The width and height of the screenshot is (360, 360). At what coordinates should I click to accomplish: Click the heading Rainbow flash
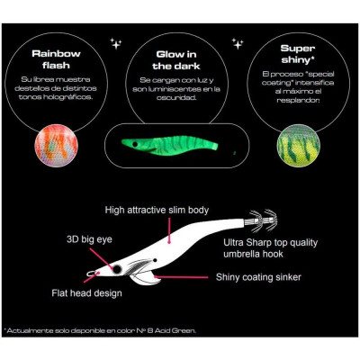coord(56,59)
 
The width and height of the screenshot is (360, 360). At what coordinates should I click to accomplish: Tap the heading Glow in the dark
coord(176,60)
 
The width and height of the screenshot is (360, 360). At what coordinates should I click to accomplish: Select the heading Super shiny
coord(298,54)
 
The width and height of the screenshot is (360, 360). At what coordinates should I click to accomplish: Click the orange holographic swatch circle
coord(57,146)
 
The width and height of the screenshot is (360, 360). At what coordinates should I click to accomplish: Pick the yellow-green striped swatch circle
coord(298,146)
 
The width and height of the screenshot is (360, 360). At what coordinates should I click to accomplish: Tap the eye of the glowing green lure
coord(135,145)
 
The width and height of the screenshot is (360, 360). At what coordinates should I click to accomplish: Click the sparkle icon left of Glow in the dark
coord(115,43)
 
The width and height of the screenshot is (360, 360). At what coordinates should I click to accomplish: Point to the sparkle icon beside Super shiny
coord(238,44)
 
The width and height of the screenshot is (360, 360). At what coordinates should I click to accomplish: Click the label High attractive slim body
coord(157,210)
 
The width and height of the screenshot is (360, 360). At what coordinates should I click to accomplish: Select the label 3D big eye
coord(89,239)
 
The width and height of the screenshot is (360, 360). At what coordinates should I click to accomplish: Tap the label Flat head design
coord(86,292)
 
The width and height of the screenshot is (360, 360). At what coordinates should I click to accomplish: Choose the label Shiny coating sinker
coord(258,277)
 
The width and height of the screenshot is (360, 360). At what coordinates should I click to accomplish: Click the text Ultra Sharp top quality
coord(270,242)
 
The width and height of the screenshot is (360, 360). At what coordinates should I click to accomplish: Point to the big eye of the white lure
coord(117,269)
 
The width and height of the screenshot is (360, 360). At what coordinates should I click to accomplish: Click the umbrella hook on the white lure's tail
coord(261,220)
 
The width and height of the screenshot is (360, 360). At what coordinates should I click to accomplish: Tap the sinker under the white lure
coord(146,278)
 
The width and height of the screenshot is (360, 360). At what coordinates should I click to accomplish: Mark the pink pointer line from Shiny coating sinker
coord(181,277)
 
